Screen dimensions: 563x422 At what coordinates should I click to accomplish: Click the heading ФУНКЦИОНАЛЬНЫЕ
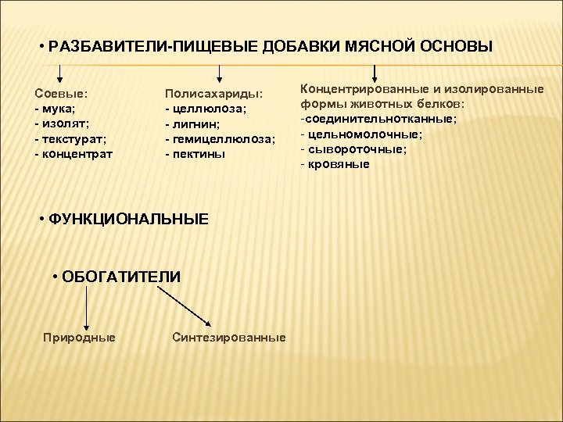click(x=129, y=220)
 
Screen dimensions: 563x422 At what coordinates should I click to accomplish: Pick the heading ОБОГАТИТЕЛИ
click(x=121, y=277)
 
